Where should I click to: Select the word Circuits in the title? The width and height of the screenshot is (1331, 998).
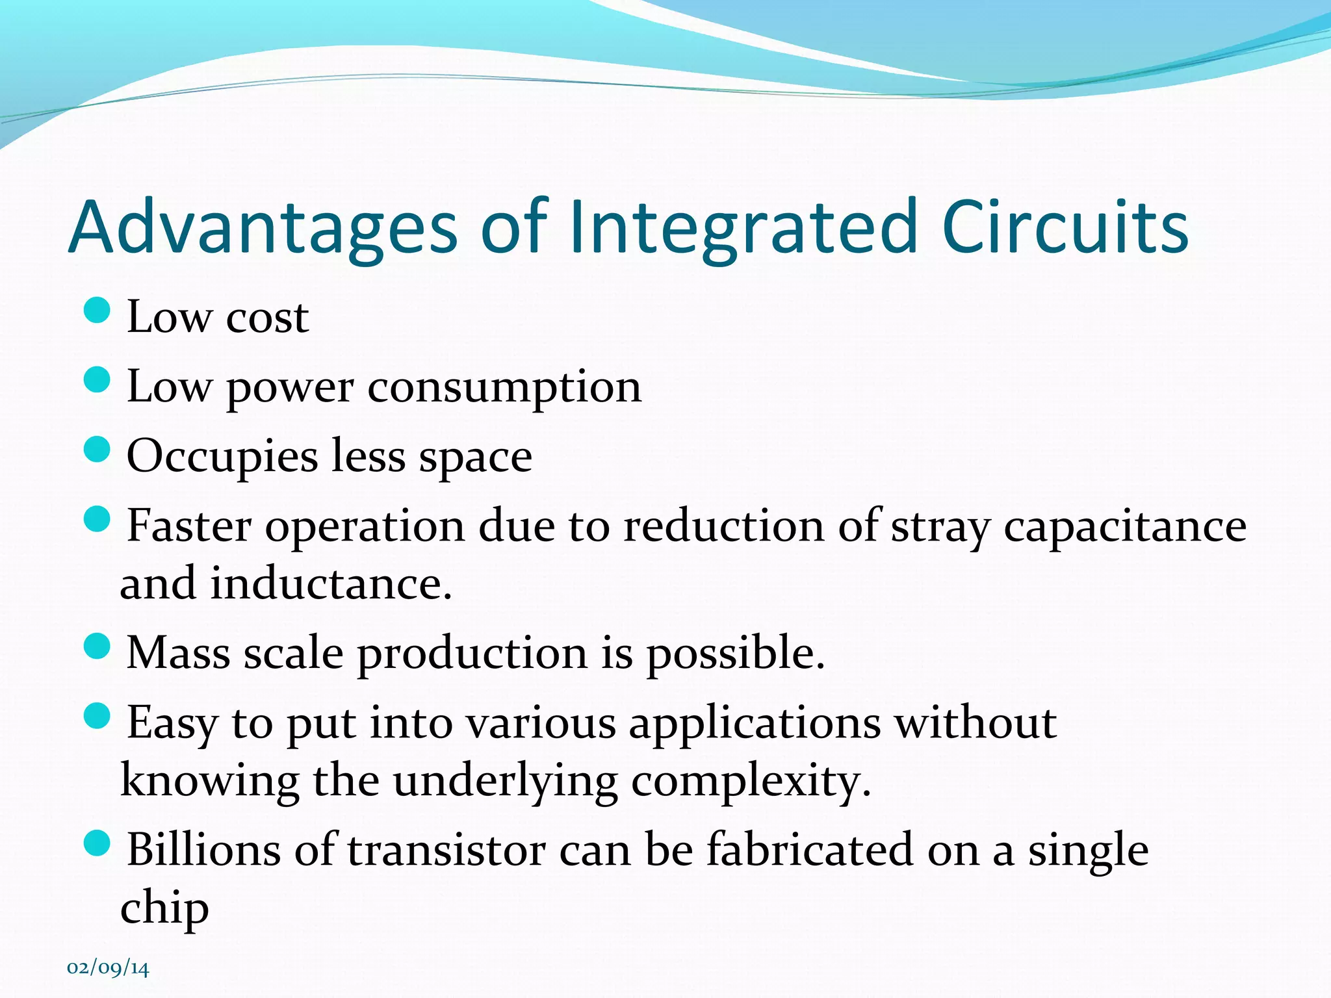point(1065,227)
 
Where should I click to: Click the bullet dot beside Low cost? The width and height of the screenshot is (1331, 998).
point(97,310)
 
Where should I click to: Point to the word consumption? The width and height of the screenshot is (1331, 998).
point(504,388)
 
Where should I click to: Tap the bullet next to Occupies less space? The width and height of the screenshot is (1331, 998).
point(97,449)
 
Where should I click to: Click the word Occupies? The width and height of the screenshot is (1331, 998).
point(222,457)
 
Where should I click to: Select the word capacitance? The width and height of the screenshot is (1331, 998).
point(1124,526)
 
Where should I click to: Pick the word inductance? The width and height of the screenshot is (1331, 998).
point(331,583)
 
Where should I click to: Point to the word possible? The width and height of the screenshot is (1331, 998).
point(735,654)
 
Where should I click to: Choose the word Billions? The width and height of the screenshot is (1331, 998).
point(203,850)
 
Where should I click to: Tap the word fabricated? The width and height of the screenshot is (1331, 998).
point(809,850)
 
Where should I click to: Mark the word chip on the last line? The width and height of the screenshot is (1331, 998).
point(164,908)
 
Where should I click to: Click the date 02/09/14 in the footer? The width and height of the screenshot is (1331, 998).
point(108,968)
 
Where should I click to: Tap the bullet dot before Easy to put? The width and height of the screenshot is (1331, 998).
point(97,717)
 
